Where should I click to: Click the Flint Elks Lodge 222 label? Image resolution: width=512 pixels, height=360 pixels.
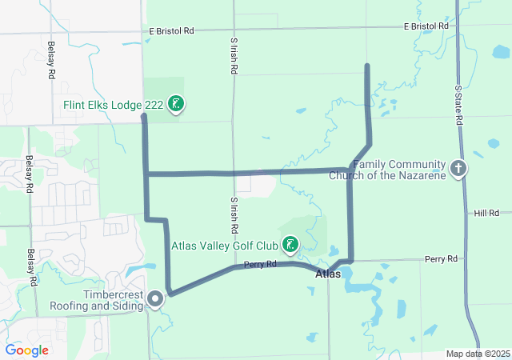(x=114, y=105)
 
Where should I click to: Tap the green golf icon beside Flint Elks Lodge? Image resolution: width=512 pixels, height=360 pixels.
(x=177, y=104)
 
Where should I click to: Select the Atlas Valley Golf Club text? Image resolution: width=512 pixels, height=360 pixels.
(x=226, y=245)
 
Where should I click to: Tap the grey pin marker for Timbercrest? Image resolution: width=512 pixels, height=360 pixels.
(x=154, y=299)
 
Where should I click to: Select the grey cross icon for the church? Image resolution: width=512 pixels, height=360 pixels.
(x=458, y=168)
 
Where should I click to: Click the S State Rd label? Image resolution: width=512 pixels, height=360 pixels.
(x=459, y=105)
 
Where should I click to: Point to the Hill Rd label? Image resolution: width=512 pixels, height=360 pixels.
(x=486, y=213)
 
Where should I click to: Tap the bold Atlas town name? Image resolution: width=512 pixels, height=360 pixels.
(x=328, y=274)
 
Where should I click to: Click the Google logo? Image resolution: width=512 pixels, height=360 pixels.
(x=26, y=350)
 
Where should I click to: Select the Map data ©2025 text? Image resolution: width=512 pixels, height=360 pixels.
(x=477, y=354)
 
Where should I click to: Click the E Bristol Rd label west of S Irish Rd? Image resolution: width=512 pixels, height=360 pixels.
(x=171, y=31)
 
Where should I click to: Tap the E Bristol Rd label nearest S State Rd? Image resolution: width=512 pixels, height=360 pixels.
(x=426, y=26)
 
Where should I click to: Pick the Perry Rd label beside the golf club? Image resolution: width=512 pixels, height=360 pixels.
(x=260, y=264)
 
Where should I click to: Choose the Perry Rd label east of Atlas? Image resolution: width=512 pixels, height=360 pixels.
(x=441, y=259)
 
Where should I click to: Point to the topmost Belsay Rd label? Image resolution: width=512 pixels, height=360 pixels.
(x=50, y=60)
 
